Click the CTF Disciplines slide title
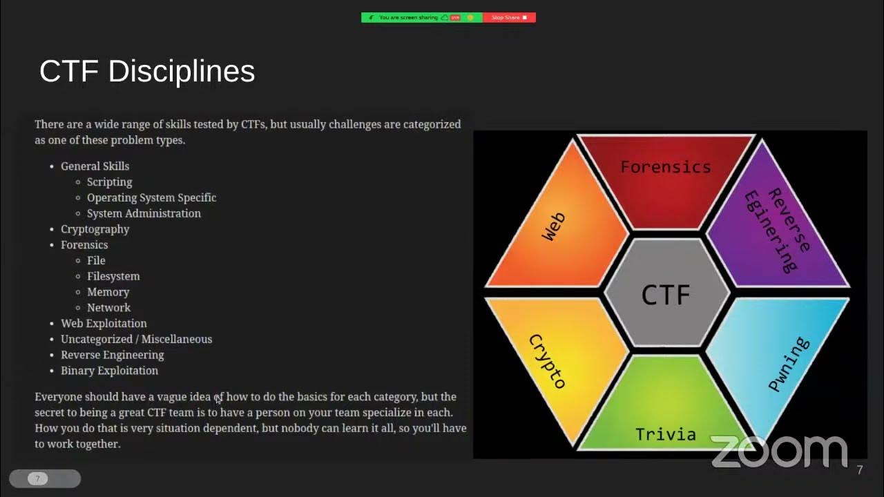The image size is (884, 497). (x=147, y=72)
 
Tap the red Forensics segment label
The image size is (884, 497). (x=665, y=167)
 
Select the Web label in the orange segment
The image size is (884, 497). (x=553, y=226)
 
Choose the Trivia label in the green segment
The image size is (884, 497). (x=665, y=434)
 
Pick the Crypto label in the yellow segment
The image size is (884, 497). (x=547, y=361)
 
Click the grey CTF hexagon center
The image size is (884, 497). (x=666, y=295)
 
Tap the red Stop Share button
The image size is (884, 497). (x=509, y=17)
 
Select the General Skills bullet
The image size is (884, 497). (x=95, y=166)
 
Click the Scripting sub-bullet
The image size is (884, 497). (x=109, y=182)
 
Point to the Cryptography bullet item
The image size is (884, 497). (x=95, y=229)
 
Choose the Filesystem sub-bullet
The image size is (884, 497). (x=113, y=276)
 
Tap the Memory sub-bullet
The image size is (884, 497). (x=108, y=292)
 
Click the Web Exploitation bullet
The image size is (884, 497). (x=104, y=323)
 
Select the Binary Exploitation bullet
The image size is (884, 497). (x=109, y=371)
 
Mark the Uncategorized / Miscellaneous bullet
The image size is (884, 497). (x=136, y=339)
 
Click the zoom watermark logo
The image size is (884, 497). (x=778, y=451)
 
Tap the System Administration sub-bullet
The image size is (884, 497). (x=144, y=213)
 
